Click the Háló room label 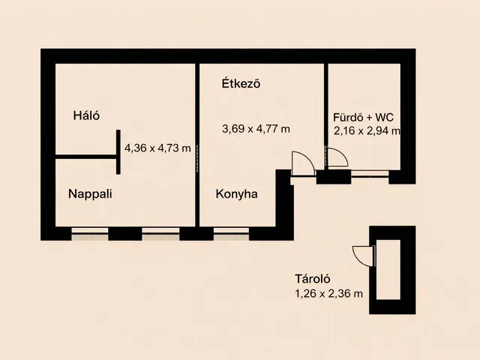click(x=86, y=115)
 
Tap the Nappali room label click(x=90, y=193)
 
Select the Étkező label click(x=241, y=83)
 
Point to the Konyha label click(x=236, y=193)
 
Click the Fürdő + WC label click(x=363, y=117)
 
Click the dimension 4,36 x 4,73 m click(x=157, y=148)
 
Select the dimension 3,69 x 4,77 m click(x=256, y=129)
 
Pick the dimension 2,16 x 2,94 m click(x=367, y=131)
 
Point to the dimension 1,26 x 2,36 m click(x=328, y=294)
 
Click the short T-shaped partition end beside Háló click(x=118, y=152)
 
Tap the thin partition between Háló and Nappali click(x=86, y=157)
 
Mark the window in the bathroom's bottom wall click(x=370, y=173)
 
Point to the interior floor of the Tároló click(x=388, y=269)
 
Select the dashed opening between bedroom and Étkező click(x=197, y=158)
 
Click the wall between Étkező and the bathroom click(x=326, y=116)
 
